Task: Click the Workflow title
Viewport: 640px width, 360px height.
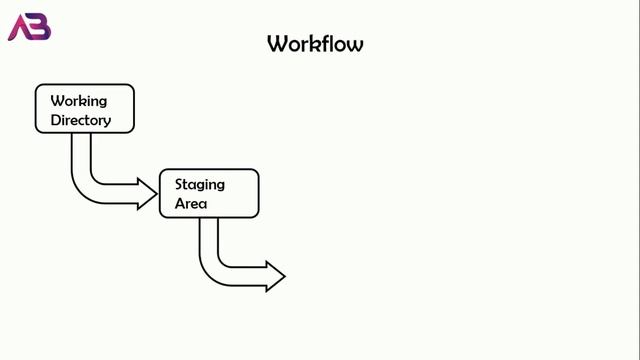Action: tap(315, 44)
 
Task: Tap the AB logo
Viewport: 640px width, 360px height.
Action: tap(29, 28)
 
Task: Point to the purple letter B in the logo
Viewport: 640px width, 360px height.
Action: tap(39, 28)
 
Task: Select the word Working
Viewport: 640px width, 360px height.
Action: tap(78, 101)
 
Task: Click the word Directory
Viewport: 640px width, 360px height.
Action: tap(80, 120)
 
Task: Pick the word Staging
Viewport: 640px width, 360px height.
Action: tap(200, 184)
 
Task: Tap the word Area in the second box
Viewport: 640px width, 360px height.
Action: tap(191, 203)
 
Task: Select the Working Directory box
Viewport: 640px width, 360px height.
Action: tap(85, 109)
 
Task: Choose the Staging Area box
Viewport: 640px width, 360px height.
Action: tap(209, 193)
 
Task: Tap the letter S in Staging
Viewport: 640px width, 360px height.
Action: tap(180, 184)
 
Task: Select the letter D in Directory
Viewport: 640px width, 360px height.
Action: tap(55, 120)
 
